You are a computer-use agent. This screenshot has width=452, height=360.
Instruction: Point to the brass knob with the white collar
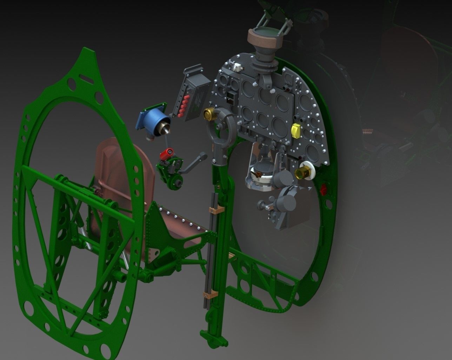click(304, 172)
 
